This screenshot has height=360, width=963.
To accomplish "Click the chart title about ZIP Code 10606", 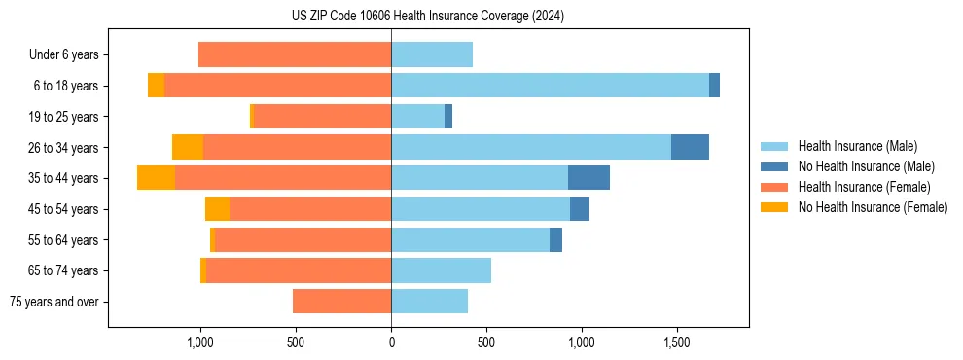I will (x=427, y=17).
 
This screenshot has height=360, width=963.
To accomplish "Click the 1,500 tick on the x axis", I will (x=676, y=342).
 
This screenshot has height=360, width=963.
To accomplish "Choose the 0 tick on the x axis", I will (x=391, y=342).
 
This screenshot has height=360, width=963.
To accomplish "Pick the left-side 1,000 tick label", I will (x=199, y=342).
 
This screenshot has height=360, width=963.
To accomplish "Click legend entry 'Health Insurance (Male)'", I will (x=857, y=146).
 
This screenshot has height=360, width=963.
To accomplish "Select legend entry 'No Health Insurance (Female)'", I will (x=873, y=207).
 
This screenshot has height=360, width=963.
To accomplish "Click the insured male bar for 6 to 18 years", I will (x=550, y=86).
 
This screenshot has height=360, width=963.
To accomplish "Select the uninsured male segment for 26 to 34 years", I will (x=690, y=147).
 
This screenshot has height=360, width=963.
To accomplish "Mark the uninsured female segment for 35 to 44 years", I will (x=156, y=178).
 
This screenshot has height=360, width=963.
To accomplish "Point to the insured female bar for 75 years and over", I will (x=341, y=302).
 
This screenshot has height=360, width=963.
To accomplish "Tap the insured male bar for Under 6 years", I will (x=432, y=55).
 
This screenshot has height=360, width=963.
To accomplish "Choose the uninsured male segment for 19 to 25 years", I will (x=448, y=117).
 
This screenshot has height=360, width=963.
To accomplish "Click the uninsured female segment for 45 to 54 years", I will (x=217, y=209).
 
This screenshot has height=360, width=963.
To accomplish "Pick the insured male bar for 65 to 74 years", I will (x=441, y=270).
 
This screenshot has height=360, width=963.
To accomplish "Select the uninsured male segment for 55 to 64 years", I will (x=555, y=240).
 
